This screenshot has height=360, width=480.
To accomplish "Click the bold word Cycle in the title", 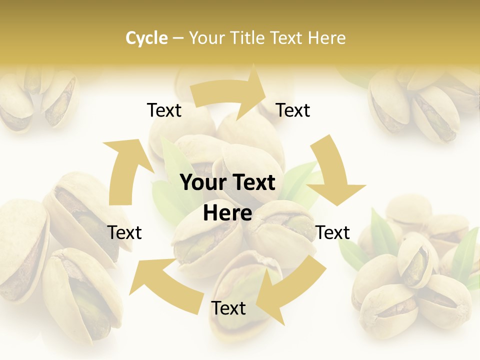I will pos(146,38).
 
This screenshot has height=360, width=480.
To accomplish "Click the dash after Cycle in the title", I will pos(178,38).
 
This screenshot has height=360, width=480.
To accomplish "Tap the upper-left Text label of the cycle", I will pos(164,110).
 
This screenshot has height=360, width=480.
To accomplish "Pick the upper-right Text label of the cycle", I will pos(293,110).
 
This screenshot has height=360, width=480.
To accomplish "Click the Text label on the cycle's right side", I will pos(332,232).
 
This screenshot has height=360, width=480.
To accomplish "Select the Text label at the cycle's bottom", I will pos(228,308).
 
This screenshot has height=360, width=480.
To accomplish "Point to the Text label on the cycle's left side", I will pos(124,232).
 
